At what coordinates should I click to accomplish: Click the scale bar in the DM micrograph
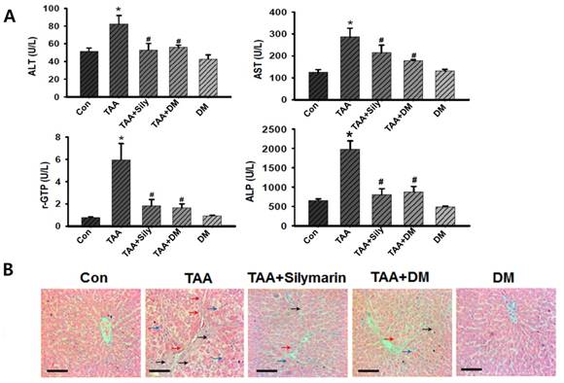[471, 368]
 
